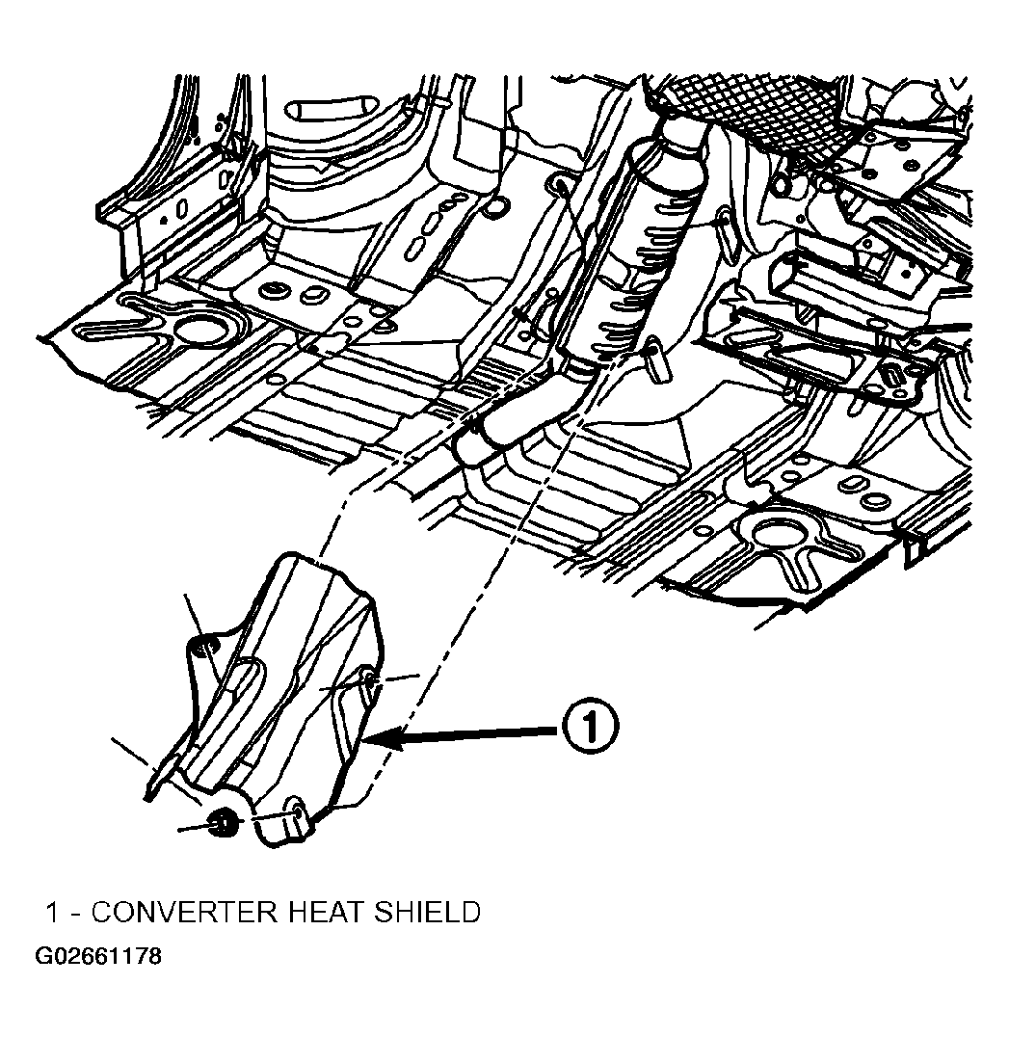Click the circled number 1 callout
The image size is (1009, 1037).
[591, 728]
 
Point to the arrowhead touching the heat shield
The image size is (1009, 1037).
[384, 739]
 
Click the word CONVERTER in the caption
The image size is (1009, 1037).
[184, 912]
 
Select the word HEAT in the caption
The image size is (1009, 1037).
[326, 912]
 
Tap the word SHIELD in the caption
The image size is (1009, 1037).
[427, 912]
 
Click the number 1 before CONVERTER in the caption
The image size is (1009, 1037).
[53, 913]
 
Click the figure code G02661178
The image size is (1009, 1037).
[98, 956]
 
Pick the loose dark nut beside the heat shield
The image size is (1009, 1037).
[224, 824]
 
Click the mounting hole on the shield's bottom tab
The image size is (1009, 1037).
[296, 809]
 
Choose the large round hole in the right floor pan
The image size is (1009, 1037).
[778, 537]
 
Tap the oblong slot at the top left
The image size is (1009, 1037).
[328, 108]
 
